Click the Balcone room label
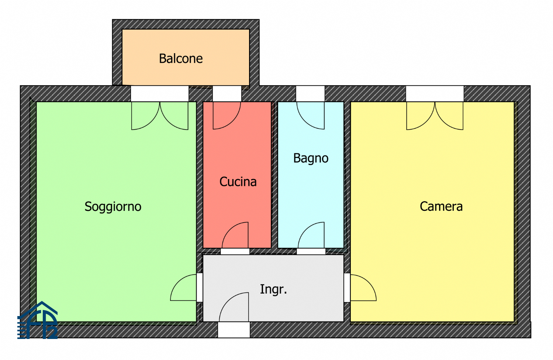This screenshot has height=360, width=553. click(181, 59)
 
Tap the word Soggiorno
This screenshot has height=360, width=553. click(113, 206)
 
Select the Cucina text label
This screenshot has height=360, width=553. click(238, 182)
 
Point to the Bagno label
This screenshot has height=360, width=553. click(311, 158)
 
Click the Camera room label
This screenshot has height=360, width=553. click(441, 206)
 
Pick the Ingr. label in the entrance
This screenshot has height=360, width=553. click(273, 289)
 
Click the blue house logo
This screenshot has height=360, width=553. click(38, 320)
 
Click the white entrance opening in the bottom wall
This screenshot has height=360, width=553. click(234, 330)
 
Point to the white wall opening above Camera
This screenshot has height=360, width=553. click(435, 94)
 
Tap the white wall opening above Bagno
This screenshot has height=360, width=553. click(310, 94)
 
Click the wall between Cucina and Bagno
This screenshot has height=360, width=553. click(274, 175)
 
